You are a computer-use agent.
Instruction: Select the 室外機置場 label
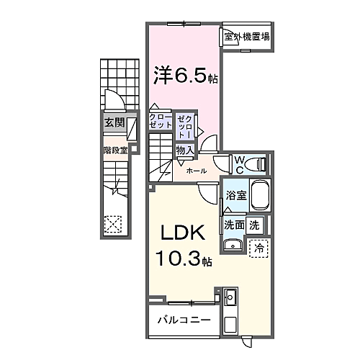[247, 37]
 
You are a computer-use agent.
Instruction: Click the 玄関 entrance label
[113, 123]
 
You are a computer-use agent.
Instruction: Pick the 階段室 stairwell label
[114, 150]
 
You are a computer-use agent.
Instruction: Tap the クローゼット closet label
[159, 121]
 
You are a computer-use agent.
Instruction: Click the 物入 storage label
[184, 150]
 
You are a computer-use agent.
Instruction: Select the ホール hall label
[197, 171]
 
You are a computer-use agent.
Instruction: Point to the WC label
[238, 163]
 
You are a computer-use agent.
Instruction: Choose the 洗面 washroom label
[233, 224]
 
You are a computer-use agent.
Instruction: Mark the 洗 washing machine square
[253, 224]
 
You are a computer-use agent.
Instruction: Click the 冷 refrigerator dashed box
[258, 247]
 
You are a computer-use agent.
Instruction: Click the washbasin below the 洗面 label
[233, 246]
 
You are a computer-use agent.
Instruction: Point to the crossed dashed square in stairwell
[113, 224]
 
